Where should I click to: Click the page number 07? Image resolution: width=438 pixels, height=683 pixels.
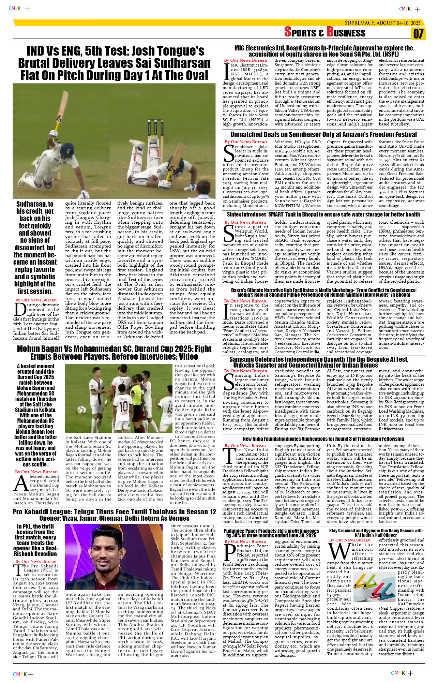tap(418, 34)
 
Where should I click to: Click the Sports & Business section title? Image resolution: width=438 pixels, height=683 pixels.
tap(325, 32)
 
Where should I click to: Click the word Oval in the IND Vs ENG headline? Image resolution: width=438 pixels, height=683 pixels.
tap(195, 75)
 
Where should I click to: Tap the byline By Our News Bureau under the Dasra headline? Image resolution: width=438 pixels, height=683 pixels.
tap(245, 301)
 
